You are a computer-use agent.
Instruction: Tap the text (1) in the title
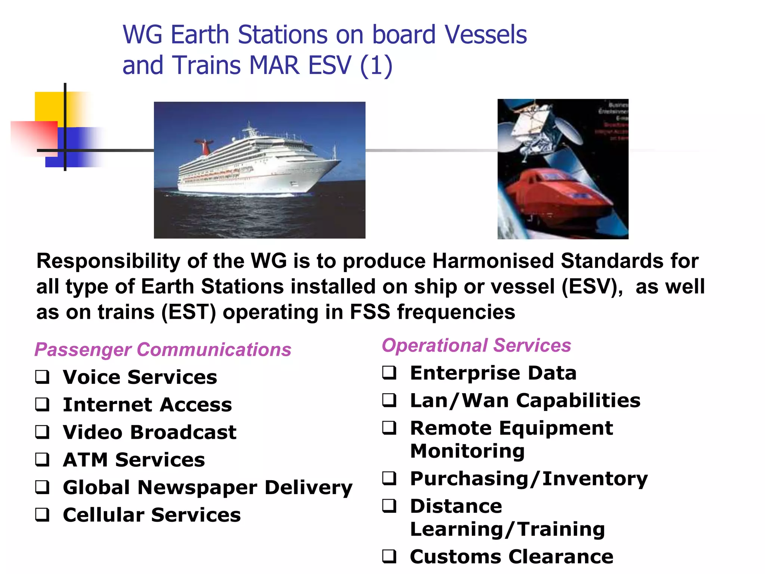tap(376, 65)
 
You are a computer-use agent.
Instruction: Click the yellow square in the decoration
tap(49, 107)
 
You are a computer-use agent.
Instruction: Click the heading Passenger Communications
tap(163, 350)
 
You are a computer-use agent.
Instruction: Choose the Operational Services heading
tap(476, 345)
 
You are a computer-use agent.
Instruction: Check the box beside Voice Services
tap(42, 377)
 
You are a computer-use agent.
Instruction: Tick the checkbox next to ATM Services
tap(42, 459)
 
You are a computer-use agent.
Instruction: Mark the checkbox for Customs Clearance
tap(389, 556)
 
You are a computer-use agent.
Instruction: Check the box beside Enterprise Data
tap(389, 373)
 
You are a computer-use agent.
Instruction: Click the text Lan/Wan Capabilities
tap(525, 401)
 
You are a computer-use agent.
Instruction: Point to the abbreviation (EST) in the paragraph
tap(189, 312)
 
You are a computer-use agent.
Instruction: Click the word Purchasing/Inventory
tap(529, 479)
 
